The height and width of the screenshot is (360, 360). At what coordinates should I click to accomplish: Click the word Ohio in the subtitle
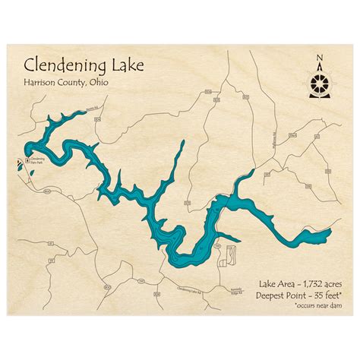tap(117, 84)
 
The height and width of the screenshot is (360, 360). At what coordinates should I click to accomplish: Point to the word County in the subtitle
tap(85, 84)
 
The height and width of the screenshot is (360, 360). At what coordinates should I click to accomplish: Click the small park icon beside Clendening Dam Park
tap(27, 160)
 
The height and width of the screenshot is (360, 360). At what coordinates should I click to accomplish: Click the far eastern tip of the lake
tap(333, 230)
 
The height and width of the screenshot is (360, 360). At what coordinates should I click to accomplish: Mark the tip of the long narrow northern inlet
tap(183, 141)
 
